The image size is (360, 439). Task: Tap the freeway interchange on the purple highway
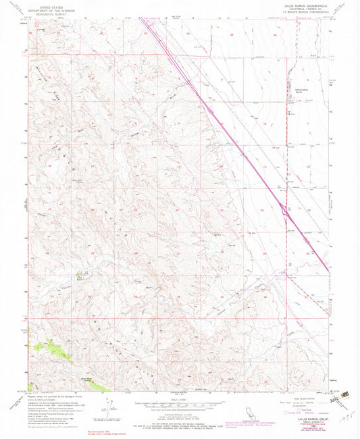286,214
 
